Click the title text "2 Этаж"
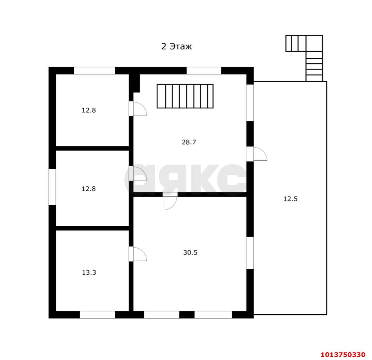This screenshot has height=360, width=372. click(176, 47)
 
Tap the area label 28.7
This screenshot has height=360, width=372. click(189, 142)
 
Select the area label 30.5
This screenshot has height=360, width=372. click(190, 252)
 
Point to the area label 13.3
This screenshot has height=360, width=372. click(89, 272)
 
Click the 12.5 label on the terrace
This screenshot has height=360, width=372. click(291, 199)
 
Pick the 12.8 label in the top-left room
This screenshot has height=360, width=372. click(89, 110)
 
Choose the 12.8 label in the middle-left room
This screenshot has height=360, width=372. click(89, 189)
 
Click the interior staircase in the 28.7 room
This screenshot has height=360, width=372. click(185, 96)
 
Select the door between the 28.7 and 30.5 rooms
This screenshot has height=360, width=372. click(170, 201)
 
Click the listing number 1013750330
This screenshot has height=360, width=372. click(343, 354)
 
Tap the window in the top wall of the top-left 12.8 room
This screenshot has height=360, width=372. click(94, 71)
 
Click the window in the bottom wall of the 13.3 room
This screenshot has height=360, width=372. click(97, 315)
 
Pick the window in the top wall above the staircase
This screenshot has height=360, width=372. click(204, 71)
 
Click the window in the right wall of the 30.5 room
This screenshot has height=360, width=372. click(250, 253)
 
